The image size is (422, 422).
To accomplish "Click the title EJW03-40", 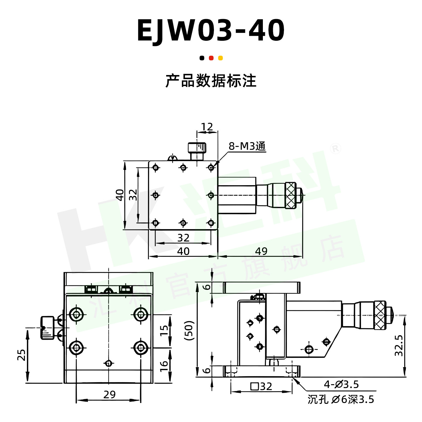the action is pyautogui.click(x=211, y=30).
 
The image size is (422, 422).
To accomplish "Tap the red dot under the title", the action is pyautogui.click(x=211, y=58).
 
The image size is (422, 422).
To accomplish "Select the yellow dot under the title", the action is pyautogui.click(x=220, y=58).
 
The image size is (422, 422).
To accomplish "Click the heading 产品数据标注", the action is pyautogui.click(x=211, y=81).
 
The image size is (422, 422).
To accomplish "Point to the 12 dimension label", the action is pyautogui.click(x=207, y=127).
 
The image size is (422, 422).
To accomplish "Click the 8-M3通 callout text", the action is pyautogui.click(x=247, y=146).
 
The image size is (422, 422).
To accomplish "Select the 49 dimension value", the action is pyautogui.click(x=261, y=251).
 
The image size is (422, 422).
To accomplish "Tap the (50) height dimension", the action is pyautogui.click(x=189, y=331).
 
